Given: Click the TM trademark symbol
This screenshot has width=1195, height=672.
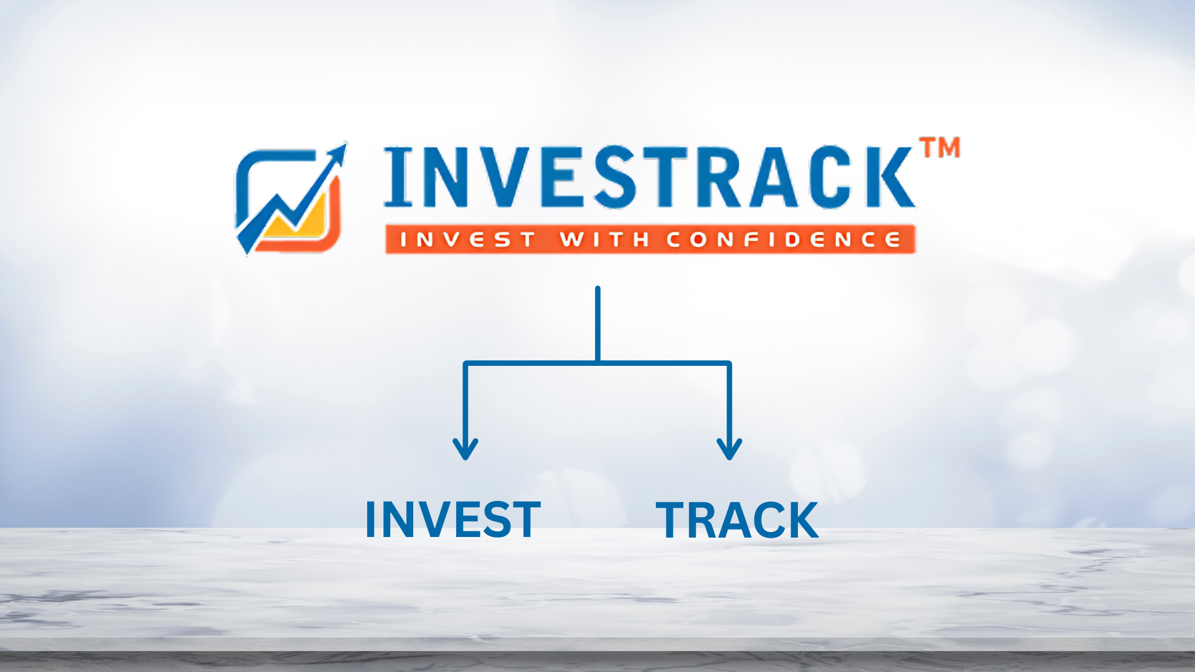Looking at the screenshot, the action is pos(940,147).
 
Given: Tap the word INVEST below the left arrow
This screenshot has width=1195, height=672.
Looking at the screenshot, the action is pos(453,520).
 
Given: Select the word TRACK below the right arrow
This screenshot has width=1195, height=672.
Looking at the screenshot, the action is pos(737,520).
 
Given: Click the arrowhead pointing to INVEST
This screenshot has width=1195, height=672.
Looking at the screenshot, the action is pos(466,449).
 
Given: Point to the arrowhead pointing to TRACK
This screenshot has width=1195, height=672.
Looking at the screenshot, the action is pos(729,449).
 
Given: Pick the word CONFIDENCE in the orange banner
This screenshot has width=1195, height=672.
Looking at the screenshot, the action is pos(784,240).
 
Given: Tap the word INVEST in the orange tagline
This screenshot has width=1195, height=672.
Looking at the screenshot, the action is pos(467,240).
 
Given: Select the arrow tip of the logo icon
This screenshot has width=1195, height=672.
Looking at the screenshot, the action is pos(344,144).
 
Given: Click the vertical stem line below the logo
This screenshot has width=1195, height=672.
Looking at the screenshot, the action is pos(597,324).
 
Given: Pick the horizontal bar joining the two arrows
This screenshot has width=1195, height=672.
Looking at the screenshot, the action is pos(597,363).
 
